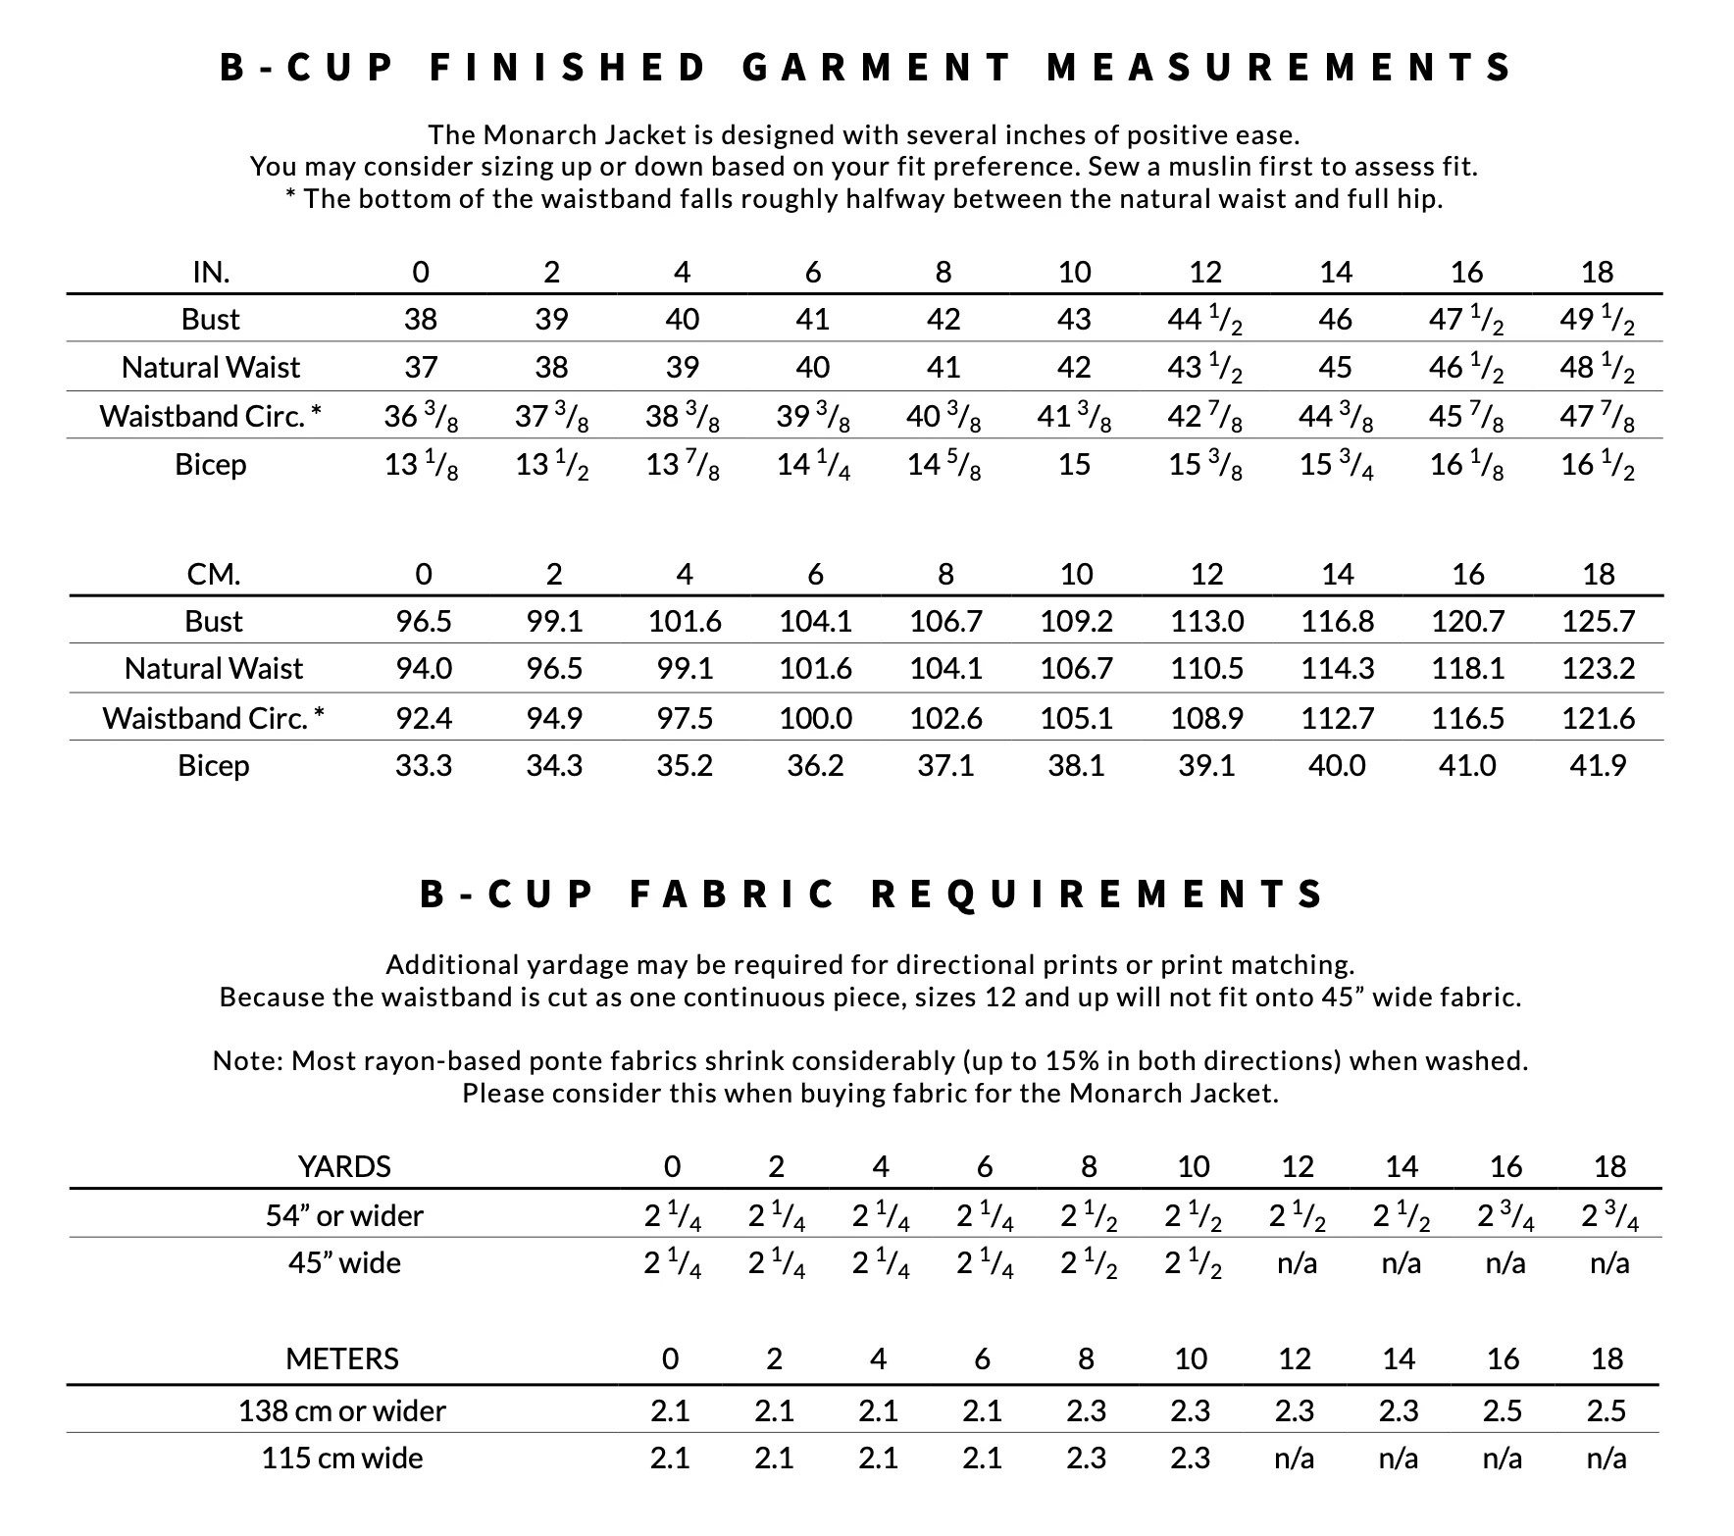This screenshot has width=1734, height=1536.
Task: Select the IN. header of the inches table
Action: point(211,272)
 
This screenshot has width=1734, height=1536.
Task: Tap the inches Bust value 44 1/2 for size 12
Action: point(1204,320)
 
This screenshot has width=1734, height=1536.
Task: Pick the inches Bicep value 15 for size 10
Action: point(1074,464)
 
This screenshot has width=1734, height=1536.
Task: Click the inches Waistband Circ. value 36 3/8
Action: point(421,417)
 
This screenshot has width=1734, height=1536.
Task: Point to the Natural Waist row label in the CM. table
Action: point(214,668)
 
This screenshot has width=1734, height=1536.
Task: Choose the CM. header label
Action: point(214,574)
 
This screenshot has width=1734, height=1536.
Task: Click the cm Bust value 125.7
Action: point(1598,621)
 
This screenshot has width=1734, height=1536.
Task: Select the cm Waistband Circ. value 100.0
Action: point(815,718)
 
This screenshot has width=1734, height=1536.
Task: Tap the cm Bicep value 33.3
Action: point(423,765)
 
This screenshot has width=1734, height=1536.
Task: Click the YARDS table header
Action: point(344,1166)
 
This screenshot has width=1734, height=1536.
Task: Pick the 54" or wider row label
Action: point(344,1216)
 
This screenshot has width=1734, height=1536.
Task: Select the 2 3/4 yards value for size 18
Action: point(1609,1216)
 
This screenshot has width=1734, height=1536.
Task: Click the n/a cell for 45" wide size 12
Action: point(1297,1262)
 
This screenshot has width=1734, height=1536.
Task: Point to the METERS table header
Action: point(342,1358)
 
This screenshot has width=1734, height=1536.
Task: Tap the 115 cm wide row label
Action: point(342,1458)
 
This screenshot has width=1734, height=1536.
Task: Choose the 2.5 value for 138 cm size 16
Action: point(1503,1410)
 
